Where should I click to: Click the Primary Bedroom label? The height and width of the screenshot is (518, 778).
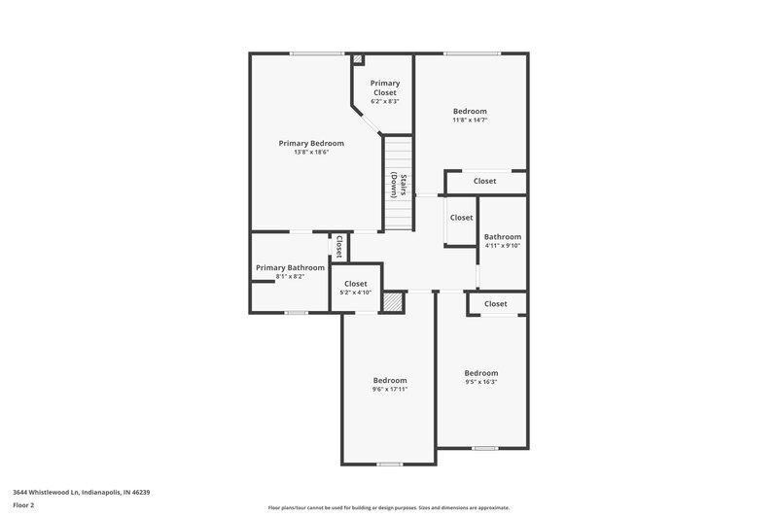click(x=311, y=143)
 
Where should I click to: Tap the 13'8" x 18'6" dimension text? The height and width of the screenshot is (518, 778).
click(x=311, y=152)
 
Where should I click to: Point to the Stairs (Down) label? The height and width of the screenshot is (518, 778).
click(x=399, y=185)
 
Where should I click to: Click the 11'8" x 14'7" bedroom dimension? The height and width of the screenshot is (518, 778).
click(x=470, y=121)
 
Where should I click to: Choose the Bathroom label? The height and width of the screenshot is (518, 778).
click(x=503, y=236)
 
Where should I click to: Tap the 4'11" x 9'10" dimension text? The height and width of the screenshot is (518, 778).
click(x=503, y=245)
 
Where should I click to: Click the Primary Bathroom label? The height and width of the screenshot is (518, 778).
click(x=290, y=267)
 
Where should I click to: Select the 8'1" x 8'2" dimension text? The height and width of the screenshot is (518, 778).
click(x=290, y=276)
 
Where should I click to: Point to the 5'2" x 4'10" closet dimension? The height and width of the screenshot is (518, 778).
click(x=356, y=293)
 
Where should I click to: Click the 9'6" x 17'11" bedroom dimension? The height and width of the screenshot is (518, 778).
click(x=390, y=389)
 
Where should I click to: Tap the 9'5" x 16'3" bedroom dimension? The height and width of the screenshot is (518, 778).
click(x=480, y=382)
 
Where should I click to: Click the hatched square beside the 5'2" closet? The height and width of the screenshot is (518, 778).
click(x=392, y=302)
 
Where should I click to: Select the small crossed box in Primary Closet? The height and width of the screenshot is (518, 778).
click(x=358, y=59)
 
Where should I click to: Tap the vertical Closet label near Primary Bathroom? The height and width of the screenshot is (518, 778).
click(x=339, y=247)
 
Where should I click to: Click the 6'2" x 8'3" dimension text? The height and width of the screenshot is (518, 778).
click(x=384, y=101)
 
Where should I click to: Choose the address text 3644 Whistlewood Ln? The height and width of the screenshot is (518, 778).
click(x=82, y=492)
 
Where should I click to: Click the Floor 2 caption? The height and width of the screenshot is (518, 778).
click(x=24, y=505)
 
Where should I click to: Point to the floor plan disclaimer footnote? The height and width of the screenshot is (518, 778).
click(x=388, y=507)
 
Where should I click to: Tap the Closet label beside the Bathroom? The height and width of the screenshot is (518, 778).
click(x=461, y=218)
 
